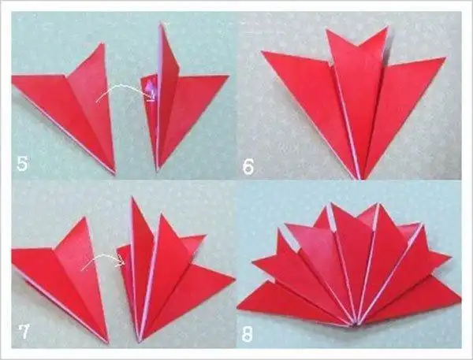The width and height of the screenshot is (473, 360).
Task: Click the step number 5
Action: click(x=22, y=165)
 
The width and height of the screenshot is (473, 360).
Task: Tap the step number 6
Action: click(x=248, y=167)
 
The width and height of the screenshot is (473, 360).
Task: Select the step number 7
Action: click(x=23, y=332)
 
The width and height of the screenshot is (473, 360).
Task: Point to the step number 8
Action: click(x=247, y=334)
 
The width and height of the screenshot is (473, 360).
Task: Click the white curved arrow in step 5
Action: click(x=126, y=89)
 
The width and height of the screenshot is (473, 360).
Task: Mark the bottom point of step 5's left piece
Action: click(x=114, y=173)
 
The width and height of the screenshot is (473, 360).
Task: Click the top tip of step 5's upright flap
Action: click(x=161, y=24)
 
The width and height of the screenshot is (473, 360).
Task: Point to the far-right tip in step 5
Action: click(x=229, y=76)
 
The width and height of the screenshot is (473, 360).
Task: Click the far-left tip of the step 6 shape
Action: click(x=262, y=51)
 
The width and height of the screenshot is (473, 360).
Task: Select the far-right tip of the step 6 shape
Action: click(x=445, y=58)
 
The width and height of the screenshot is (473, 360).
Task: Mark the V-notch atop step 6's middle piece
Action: click(x=358, y=46)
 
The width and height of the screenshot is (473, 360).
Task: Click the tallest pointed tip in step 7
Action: click(x=132, y=197)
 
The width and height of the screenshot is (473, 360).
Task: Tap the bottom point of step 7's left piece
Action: click(x=108, y=343)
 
